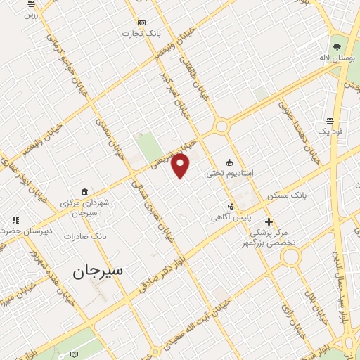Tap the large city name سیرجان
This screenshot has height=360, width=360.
coord(98,269)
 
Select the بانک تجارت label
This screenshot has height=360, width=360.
coord(137,33)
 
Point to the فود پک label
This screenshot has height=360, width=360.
coord(329,131)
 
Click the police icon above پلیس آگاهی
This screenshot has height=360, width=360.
coord(231,207)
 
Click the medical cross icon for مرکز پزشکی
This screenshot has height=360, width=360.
coord(269,221)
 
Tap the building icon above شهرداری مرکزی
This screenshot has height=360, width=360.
coord(84,192)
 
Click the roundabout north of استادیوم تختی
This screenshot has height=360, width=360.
coord(221,127)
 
